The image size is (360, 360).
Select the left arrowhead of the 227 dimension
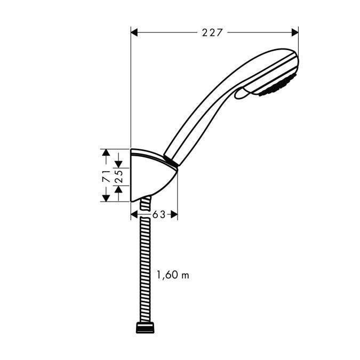click(135, 33)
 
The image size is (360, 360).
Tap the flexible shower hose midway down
click(144, 267)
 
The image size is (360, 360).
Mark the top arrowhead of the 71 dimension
click(107, 153)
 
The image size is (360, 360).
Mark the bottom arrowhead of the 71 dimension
click(107, 197)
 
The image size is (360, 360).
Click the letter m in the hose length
click(186, 276)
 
